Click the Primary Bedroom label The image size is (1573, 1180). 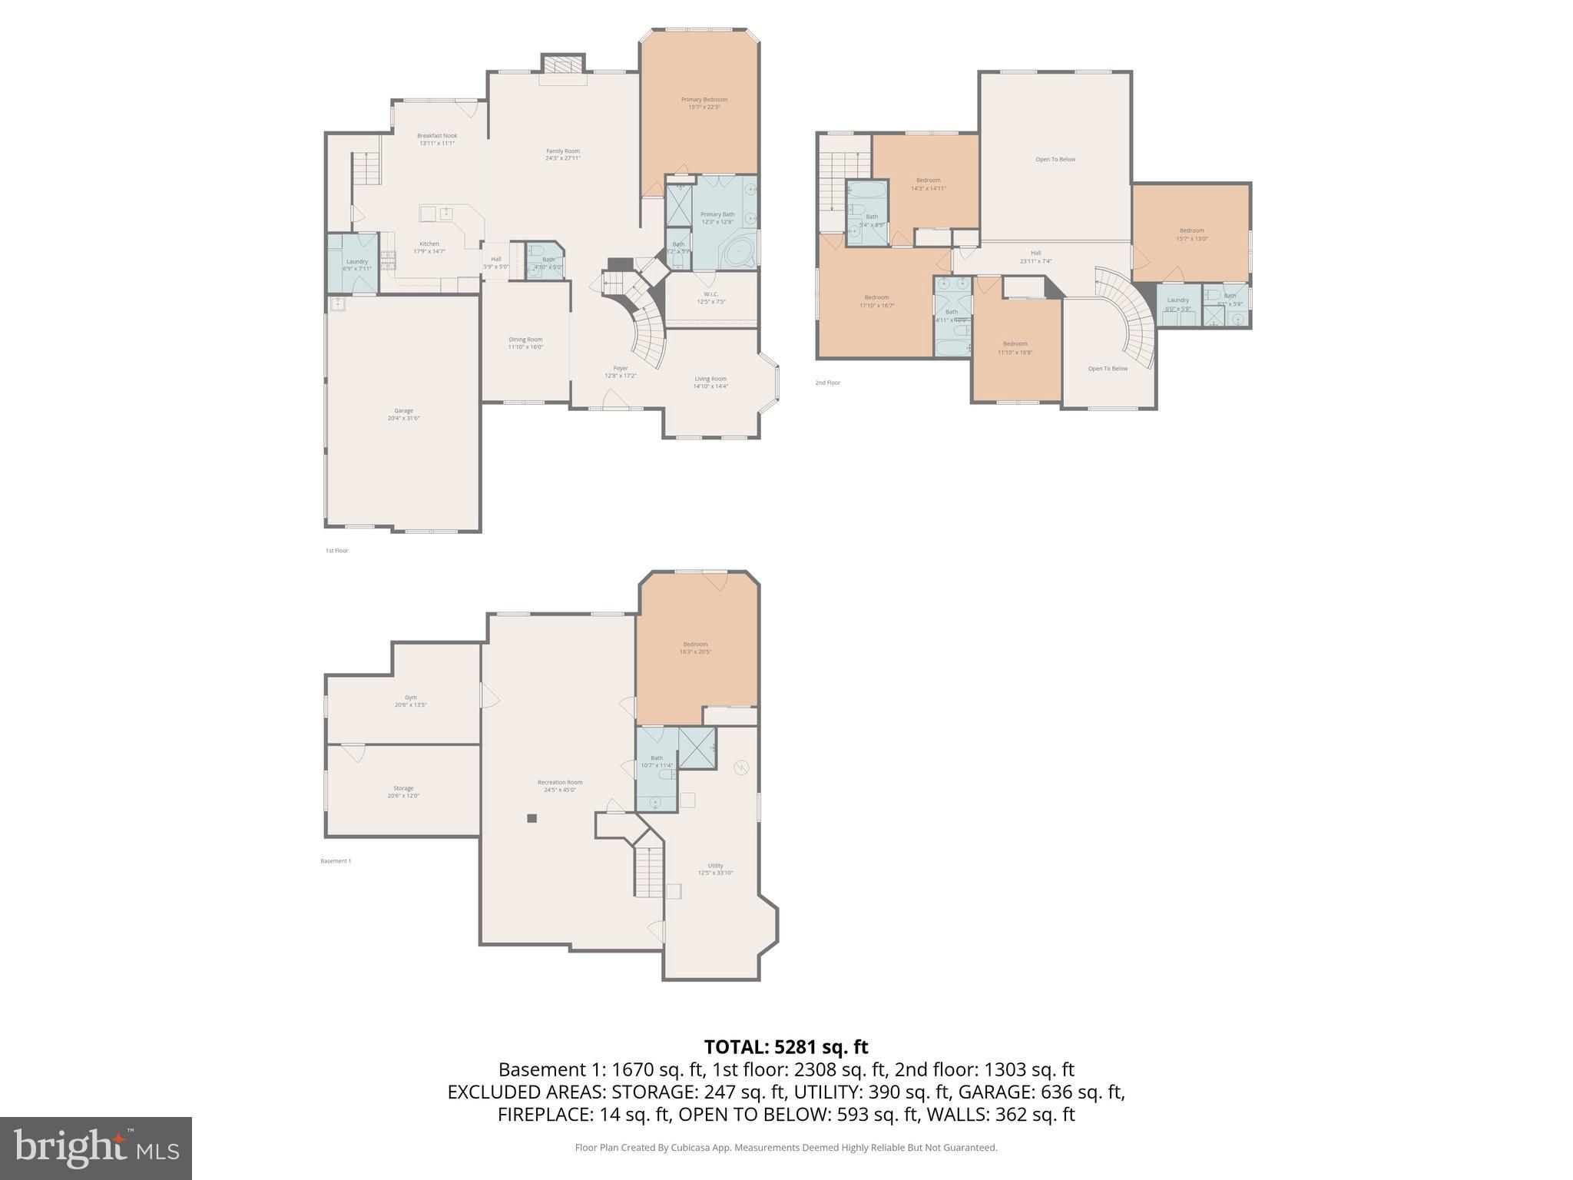pos(704,103)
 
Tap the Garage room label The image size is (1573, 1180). pos(403,414)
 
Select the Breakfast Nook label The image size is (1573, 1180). pos(436,139)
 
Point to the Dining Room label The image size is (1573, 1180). pos(525,343)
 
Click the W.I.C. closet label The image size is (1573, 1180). pos(710,297)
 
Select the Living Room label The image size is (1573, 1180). pos(710,382)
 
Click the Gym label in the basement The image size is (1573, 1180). pos(411,701)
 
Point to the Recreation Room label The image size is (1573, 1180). pos(560,785)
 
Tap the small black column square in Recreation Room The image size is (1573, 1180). pos(532,818)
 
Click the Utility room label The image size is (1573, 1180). pos(715,869)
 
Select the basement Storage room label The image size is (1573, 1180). pos(403,791)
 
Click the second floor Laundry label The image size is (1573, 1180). pos(1177,304)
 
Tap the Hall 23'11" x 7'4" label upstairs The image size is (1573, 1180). pos(1035,257)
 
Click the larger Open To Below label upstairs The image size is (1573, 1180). pos(1055,160)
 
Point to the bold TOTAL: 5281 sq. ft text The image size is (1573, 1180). pos(786,1047)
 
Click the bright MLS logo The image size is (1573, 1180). pos(96,1148)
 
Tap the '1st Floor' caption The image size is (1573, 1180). pos(336,551)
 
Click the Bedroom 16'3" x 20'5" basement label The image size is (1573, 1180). pos(695,648)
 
